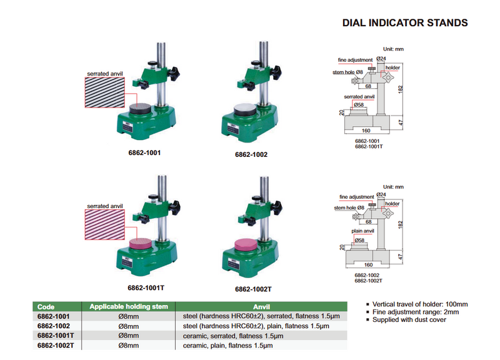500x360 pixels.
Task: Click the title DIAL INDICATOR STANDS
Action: pyautogui.click(x=405, y=23)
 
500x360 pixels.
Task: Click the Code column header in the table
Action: pyautogui.click(x=46, y=307)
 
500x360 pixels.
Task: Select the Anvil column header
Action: pyautogui.click(x=261, y=307)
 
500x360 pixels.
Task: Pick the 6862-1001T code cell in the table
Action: pyautogui.click(x=54, y=336)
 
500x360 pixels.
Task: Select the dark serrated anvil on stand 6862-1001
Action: pyautogui.click(x=147, y=109)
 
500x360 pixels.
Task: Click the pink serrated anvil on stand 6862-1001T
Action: pyautogui.click(x=147, y=244)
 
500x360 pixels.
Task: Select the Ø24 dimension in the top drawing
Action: pyautogui.click(x=381, y=58)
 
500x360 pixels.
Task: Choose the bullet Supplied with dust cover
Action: pyautogui.click(x=409, y=320)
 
